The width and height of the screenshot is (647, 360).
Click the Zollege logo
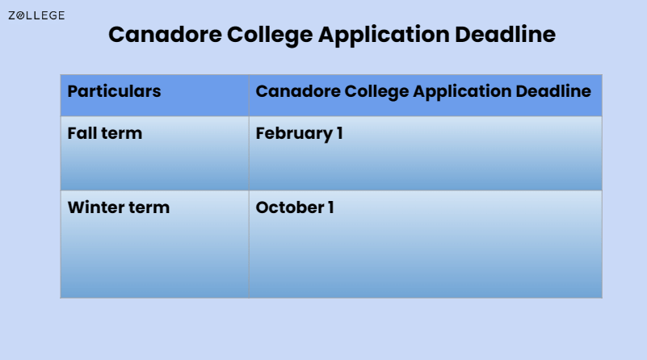36,15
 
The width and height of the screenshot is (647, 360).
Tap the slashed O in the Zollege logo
21,15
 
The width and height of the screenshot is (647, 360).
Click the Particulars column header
114,91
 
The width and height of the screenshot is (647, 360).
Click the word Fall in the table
82,133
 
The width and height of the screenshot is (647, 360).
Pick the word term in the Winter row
149,207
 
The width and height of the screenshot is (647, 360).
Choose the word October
288,207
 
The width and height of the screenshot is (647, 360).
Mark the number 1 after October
330,207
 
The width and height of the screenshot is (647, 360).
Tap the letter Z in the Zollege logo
11,15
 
